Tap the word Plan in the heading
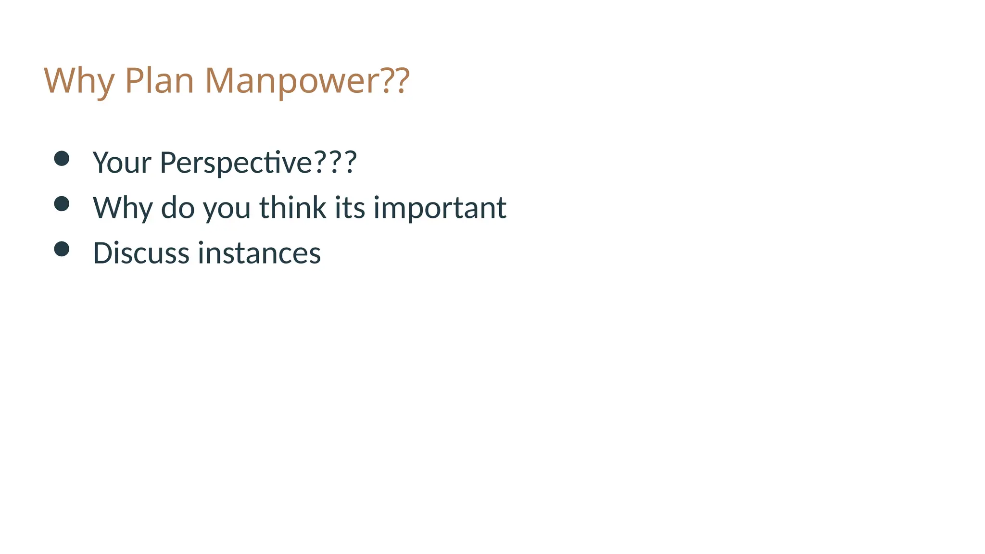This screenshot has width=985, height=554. (159, 80)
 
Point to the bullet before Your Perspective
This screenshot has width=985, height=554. (62, 158)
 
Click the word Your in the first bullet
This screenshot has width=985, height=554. (122, 162)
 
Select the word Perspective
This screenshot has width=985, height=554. (236, 162)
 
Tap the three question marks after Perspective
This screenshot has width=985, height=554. (335, 162)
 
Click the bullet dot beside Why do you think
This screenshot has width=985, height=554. (62, 203)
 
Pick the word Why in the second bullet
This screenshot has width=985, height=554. (123, 208)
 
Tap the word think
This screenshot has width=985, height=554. (293, 208)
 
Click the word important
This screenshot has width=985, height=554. (440, 208)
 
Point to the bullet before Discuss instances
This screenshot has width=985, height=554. (62, 249)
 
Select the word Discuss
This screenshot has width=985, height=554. (141, 253)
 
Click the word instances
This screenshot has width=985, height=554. (259, 253)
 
